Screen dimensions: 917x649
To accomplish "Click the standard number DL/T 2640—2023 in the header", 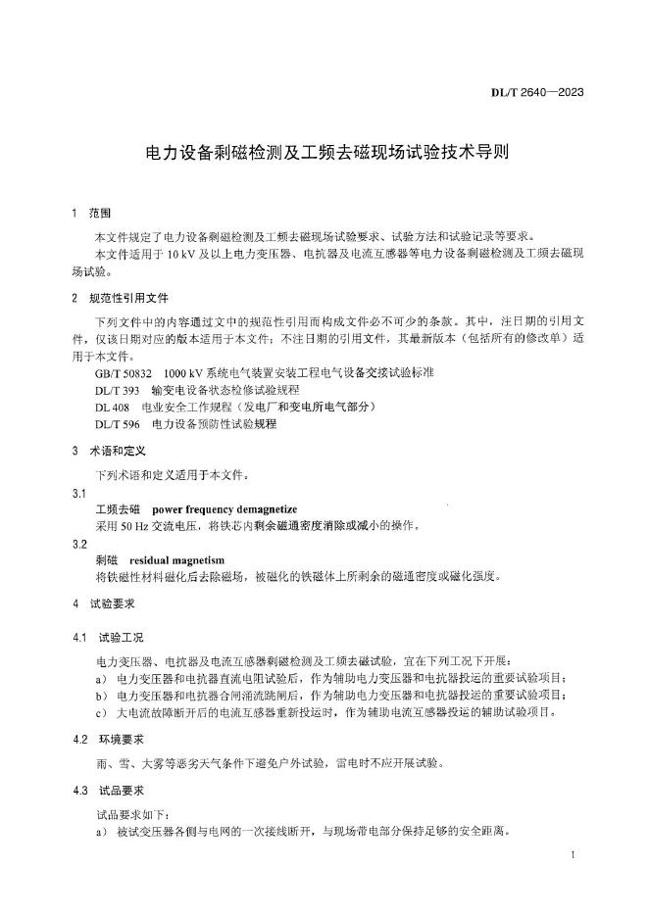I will [x=537, y=93].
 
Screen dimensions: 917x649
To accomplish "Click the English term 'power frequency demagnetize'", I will [x=225, y=509].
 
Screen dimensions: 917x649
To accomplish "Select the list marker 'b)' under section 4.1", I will [x=102, y=696].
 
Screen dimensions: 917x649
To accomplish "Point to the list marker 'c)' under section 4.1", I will [x=102, y=712].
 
